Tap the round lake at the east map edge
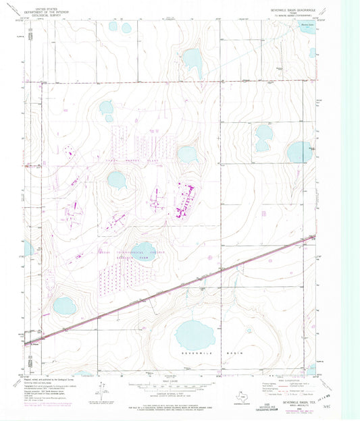(x=299, y=152)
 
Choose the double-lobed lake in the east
(x=263, y=137)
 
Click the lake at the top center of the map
(x=192, y=61)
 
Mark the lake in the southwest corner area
(x=66, y=307)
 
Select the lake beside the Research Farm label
(x=143, y=252)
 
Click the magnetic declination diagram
(x=101, y=390)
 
